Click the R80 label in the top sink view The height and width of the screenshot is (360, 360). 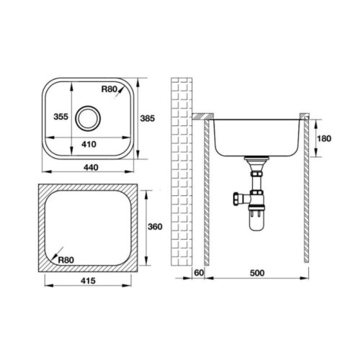(x=108, y=89)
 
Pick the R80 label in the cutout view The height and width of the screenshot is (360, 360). (x=66, y=261)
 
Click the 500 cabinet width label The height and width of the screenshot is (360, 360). (x=256, y=273)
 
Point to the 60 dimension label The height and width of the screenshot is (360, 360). (x=199, y=273)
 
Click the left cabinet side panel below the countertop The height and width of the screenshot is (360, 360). (x=207, y=191)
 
